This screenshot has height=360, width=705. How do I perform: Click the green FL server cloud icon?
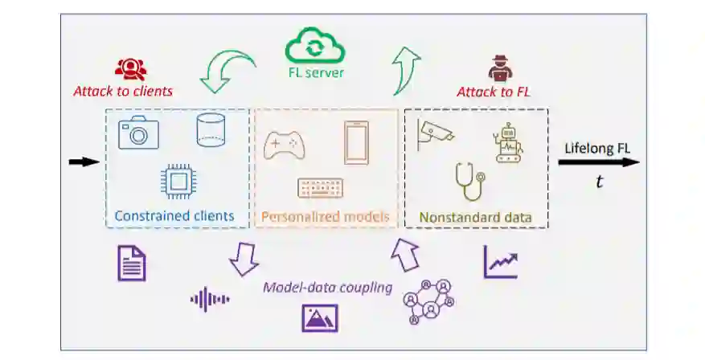coord(315,46)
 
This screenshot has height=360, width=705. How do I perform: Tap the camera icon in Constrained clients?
coord(138,133)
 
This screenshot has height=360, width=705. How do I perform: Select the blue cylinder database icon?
coord(210,129)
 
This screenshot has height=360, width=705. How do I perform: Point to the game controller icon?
coord(284,144)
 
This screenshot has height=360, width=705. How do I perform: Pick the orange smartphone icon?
coord(357,141)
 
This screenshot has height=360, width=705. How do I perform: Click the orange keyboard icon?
coord(320,188)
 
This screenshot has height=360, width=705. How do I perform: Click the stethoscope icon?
coord(471,182)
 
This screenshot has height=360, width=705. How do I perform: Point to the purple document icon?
coord(132,263)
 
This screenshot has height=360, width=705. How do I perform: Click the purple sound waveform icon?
coord(209,300)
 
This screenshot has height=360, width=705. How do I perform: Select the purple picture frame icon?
coord(319,317)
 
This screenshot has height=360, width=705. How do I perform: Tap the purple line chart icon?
coord(501,262)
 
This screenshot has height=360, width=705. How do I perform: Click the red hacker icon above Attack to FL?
coord(494,68)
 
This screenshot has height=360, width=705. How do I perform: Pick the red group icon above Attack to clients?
coord(129,68)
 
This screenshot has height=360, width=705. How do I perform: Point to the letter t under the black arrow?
coord(599,182)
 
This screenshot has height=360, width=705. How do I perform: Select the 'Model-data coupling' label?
coord(327,288)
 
